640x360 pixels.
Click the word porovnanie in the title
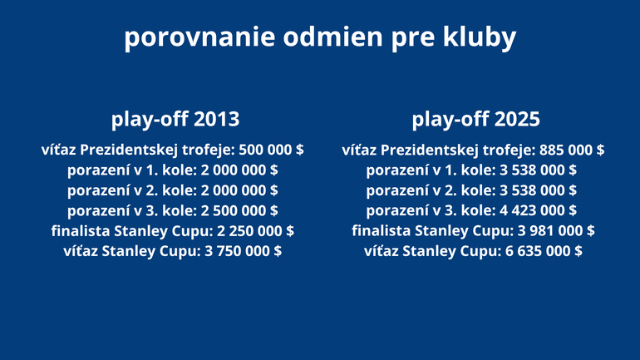point(199,37)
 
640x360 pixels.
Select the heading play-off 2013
point(175,120)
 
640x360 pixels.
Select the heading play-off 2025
point(475,120)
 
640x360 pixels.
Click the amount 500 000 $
point(271,150)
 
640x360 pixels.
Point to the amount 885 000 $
point(572,150)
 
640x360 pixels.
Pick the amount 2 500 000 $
point(239,210)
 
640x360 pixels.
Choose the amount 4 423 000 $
point(538,210)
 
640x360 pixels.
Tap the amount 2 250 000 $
point(255,231)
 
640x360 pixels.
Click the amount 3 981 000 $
point(556,231)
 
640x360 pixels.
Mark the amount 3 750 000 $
point(243,251)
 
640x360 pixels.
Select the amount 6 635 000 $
point(544,251)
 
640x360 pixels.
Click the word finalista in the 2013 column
point(81,231)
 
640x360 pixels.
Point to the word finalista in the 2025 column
point(382,231)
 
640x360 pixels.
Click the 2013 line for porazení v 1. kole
point(173,170)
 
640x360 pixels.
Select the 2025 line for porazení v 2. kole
point(471,190)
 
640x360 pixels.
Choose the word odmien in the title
point(333,37)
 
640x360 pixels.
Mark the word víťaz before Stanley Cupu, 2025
point(382,251)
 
